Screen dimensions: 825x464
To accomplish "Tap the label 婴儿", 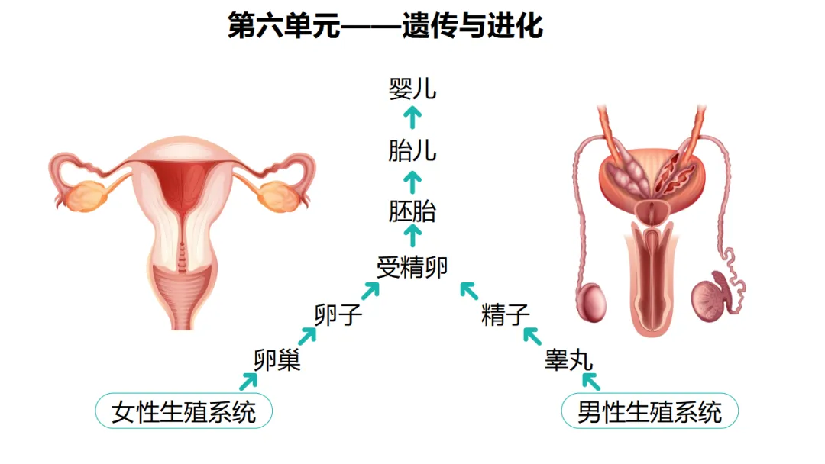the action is tap(412, 89).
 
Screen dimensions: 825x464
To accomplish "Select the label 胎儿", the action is tap(412, 150).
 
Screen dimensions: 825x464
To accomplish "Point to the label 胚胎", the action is tap(412, 211).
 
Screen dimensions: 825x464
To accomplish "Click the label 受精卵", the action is tap(412, 267).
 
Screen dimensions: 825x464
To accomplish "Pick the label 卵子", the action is tap(338, 314).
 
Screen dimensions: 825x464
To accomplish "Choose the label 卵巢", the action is tap(277, 359).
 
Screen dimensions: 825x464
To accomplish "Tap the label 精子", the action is tap(505, 314).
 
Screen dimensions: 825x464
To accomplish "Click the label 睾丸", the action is tap(568, 359).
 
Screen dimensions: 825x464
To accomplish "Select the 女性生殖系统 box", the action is tap(183, 412).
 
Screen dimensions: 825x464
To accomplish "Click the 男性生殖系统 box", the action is tap(649, 412).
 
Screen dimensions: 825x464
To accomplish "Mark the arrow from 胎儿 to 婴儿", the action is tap(412, 118).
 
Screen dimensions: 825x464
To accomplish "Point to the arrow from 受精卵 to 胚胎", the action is tap(412, 237).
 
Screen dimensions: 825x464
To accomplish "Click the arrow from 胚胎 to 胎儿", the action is tap(412, 181).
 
